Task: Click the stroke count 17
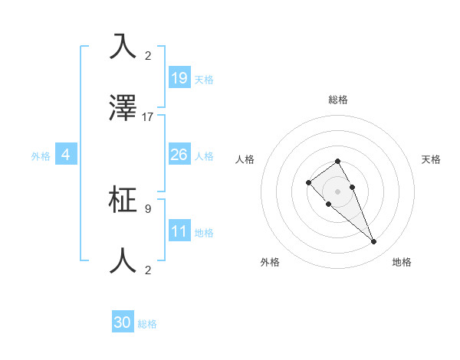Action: pyautogui.click(x=148, y=117)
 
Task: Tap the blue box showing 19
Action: pyautogui.click(x=179, y=78)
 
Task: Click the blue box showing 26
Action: pyautogui.click(x=179, y=155)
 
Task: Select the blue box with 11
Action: pyautogui.click(x=179, y=231)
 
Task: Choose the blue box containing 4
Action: pyautogui.click(x=66, y=155)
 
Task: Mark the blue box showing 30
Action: pyautogui.click(x=123, y=323)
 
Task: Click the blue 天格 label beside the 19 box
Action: pyautogui.click(x=204, y=79)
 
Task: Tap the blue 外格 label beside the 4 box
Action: pyautogui.click(x=41, y=155)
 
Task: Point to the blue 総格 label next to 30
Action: pyautogui.click(x=147, y=324)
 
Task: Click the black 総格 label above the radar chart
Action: pyautogui.click(x=338, y=100)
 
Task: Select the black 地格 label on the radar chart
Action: pyautogui.click(x=402, y=262)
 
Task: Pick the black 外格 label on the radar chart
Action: pyautogui.click(x=270, y=262)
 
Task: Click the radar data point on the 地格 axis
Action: pyautogui.click(x=374, y=242)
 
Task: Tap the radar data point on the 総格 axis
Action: pyautogui.click(x=338, y=161)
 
